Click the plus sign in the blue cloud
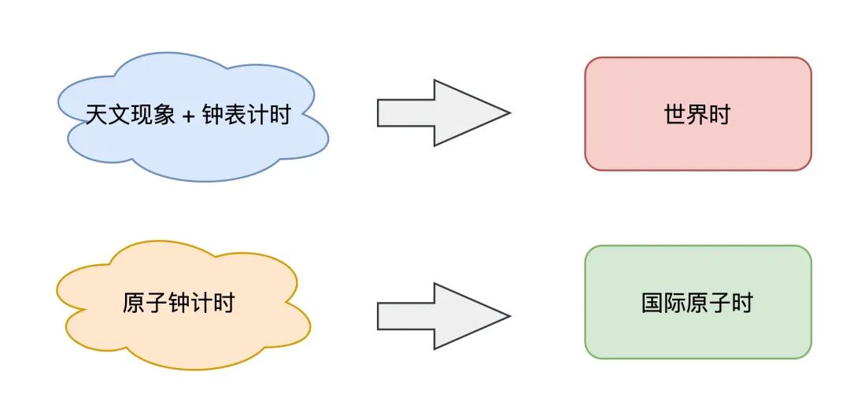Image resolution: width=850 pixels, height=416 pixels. (188, 116)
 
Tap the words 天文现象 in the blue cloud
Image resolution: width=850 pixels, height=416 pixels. (131, 116)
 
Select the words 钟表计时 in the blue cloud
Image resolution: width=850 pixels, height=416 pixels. (246, 116)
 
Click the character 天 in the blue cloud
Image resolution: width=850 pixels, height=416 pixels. (97, 116)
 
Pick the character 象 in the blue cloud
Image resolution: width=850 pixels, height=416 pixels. (164, 116)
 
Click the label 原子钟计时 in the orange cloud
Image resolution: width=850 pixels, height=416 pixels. (179, 303)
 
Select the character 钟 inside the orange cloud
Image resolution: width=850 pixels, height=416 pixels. (179, 303)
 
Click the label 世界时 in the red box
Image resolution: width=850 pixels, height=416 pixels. (697, 115)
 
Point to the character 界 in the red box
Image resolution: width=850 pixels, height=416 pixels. (697, 115)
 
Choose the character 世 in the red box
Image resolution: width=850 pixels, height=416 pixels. (675, 115)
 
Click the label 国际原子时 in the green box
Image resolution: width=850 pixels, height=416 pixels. (697, 303)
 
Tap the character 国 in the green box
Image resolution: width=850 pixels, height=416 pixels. (652, 303)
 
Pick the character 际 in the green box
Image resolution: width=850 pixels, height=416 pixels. (675, 303)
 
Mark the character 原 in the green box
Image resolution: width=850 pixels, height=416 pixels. (697, 303)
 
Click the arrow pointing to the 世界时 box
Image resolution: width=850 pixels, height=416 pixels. (441, 113)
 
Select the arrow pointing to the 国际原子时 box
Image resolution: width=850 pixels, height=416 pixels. (441, 316)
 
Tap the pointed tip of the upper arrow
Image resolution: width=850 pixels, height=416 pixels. (508, 113)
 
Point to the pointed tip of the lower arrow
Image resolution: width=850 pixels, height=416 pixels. (508, 316)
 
